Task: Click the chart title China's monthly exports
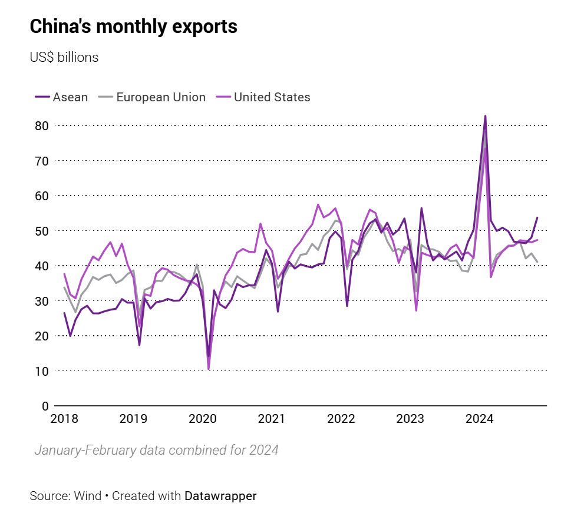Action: (x=133, y=27)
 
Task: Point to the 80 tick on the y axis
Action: (x=41, y=125)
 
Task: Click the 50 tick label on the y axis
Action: (x=41, y=231)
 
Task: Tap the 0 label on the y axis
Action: (x=44, y=406)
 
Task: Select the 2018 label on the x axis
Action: (x=64, y=419)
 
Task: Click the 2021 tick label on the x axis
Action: (x=272, y=419)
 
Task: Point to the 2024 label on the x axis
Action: (x=479, y=419)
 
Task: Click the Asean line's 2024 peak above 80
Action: (x=485, y=116)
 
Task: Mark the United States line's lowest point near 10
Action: (x=209, y=369)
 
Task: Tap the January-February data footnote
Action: (x=156, y=451)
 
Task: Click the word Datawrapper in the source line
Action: (x=220, y=496)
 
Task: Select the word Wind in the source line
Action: (x=88, y=496)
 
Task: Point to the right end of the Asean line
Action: (x=537, y=217)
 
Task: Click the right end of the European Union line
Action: (x=537, y=262)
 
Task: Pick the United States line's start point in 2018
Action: (x=64, y=274)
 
